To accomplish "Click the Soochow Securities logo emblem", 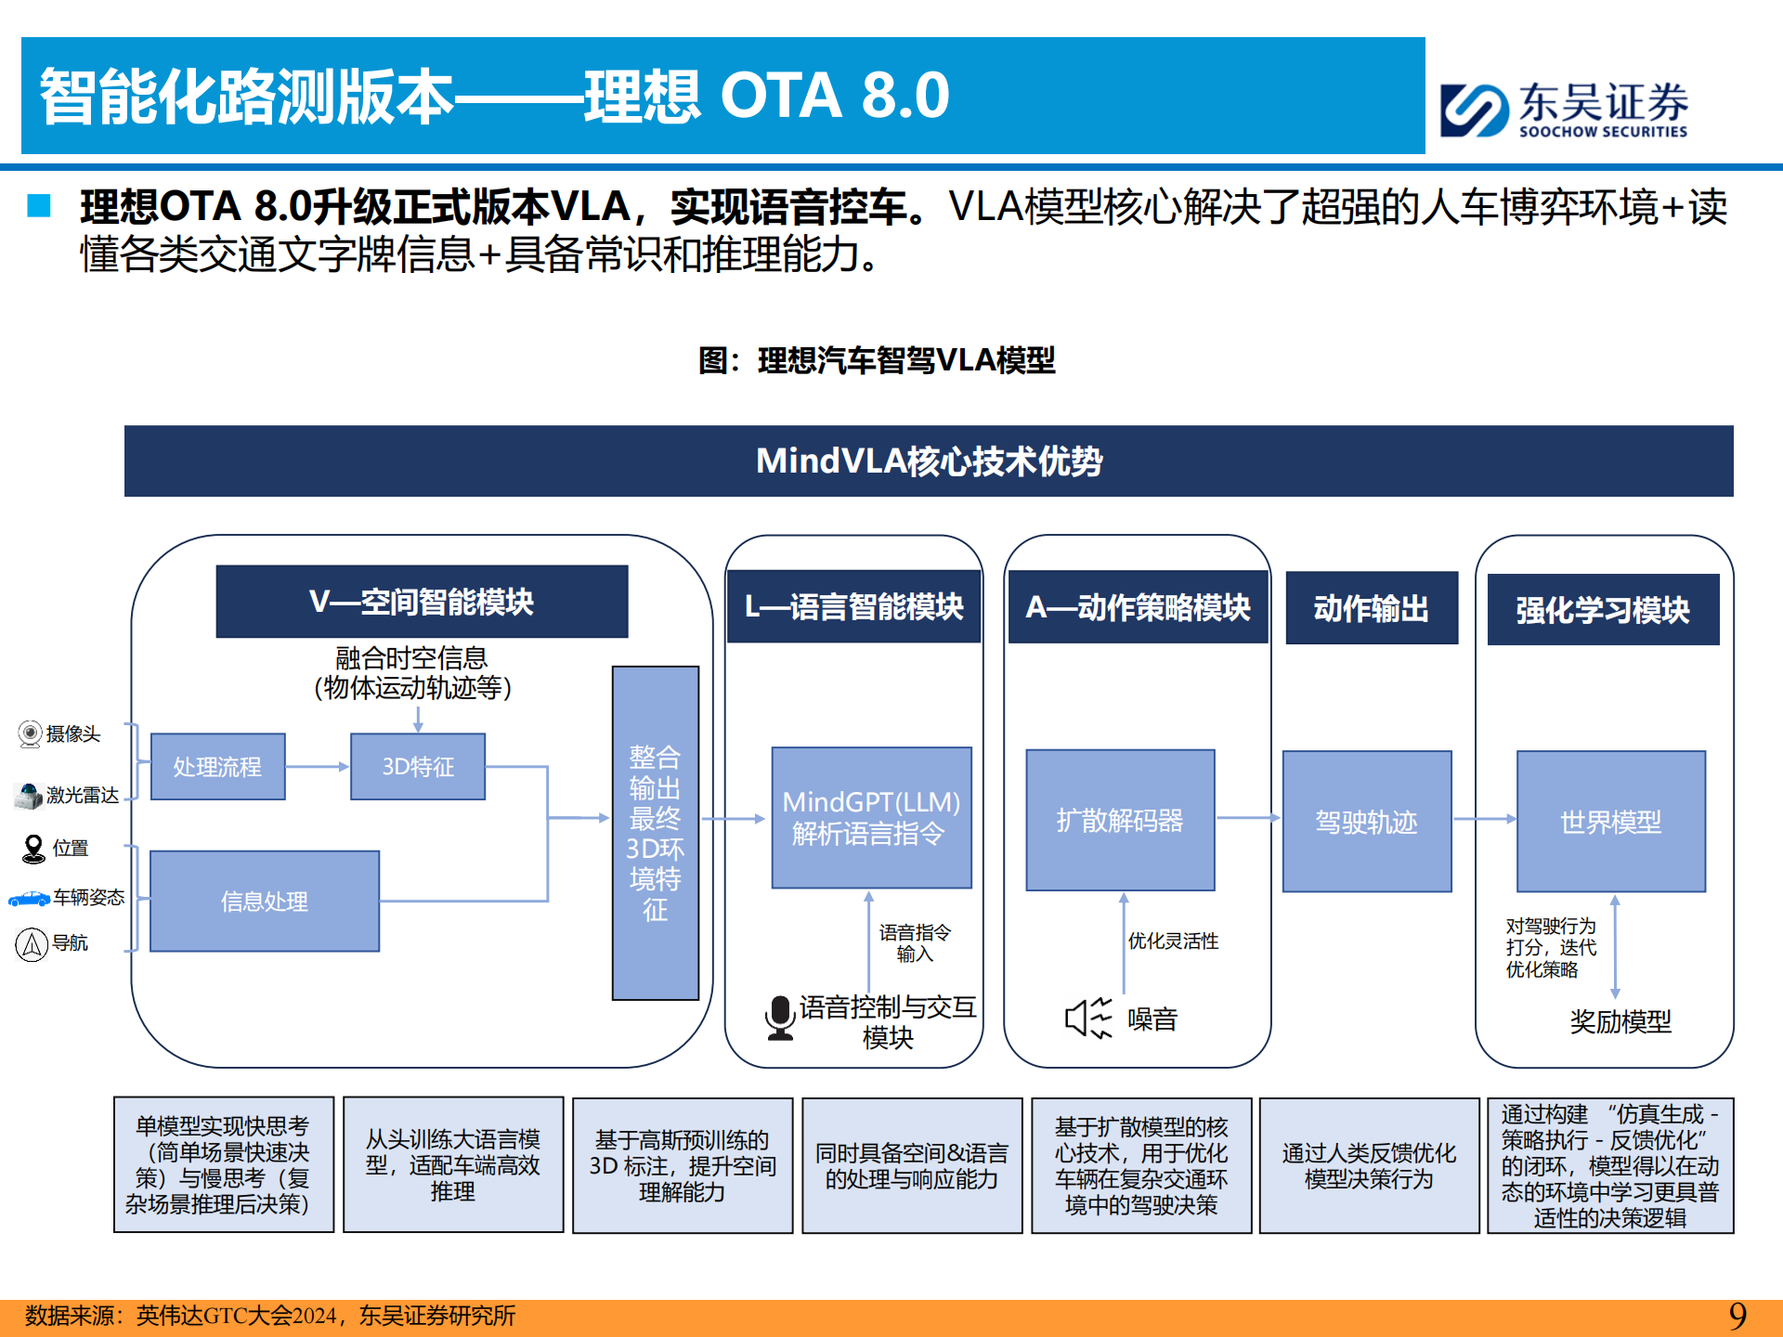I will (x=1473, y=110).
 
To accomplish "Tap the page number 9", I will (x=1737, y=1316).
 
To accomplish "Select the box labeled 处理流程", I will (x=218, y=767).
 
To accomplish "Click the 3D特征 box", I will (x=418, y=767).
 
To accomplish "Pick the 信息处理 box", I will (x=265, y=902).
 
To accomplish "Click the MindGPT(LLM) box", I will (x=871, y=818).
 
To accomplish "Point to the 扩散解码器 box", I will (x=1120, y=821).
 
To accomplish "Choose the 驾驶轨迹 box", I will (x=1366, y=822).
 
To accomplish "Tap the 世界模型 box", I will (x=1610, y=822).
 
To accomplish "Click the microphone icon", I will (x=780, y=1018).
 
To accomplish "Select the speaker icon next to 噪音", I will (x=1087, y=1019).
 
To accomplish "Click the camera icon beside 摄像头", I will (x=31, y=734).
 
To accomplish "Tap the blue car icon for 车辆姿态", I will (x=29, y=898).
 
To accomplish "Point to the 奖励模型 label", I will (x=1620, y=1022).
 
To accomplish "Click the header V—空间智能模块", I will (x=422, y=602).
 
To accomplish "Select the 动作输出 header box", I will (x=1371, y=608).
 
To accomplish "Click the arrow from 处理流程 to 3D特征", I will (x=318, y=767).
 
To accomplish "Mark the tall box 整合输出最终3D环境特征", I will (x=656, y=833).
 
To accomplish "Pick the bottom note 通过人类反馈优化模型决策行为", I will (x=1369, y=1166).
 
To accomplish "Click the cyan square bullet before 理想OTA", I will (x=39, y=205).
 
